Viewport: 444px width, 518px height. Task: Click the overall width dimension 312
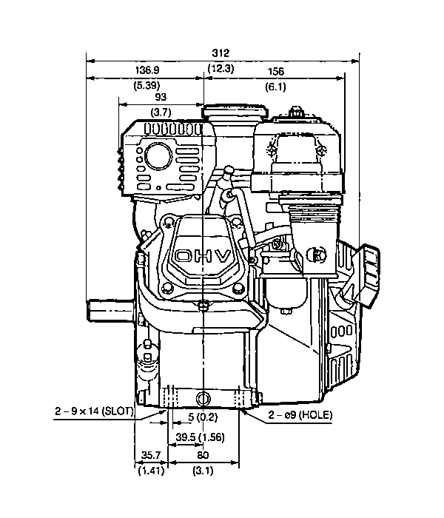(x=221, y=53)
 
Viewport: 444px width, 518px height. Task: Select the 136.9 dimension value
(x=147, y=70)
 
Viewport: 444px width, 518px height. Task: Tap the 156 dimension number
(x=275, y=71)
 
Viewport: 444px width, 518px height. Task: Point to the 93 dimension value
(x=161, y=97)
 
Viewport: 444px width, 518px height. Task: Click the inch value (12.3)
(x=221, y=68)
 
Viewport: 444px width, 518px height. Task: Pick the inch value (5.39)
(x=147, y=85)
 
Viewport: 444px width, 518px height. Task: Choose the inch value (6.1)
(x=275, y=87)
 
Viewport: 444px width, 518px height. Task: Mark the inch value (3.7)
(x=161, y=112)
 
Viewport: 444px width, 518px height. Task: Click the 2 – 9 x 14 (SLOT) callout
(x=94, y=411)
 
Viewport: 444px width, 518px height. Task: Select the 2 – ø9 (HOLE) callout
(x=300, y=414)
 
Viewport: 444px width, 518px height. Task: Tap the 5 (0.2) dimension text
(x=203, y=417)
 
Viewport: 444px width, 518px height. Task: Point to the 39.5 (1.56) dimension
(x=200, y=437)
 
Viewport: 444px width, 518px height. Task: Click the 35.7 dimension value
(x=151, y=455)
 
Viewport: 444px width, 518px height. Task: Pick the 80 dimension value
(x=203, y=455)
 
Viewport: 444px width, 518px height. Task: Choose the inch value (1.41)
(x=151, y=470)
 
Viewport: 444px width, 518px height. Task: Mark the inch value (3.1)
(x=203, y=470)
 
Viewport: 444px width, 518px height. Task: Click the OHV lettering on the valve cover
(x=203, y=256)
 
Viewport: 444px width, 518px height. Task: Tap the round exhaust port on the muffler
(x=158, y=156)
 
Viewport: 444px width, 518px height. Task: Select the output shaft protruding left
(x=111, y=310)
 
